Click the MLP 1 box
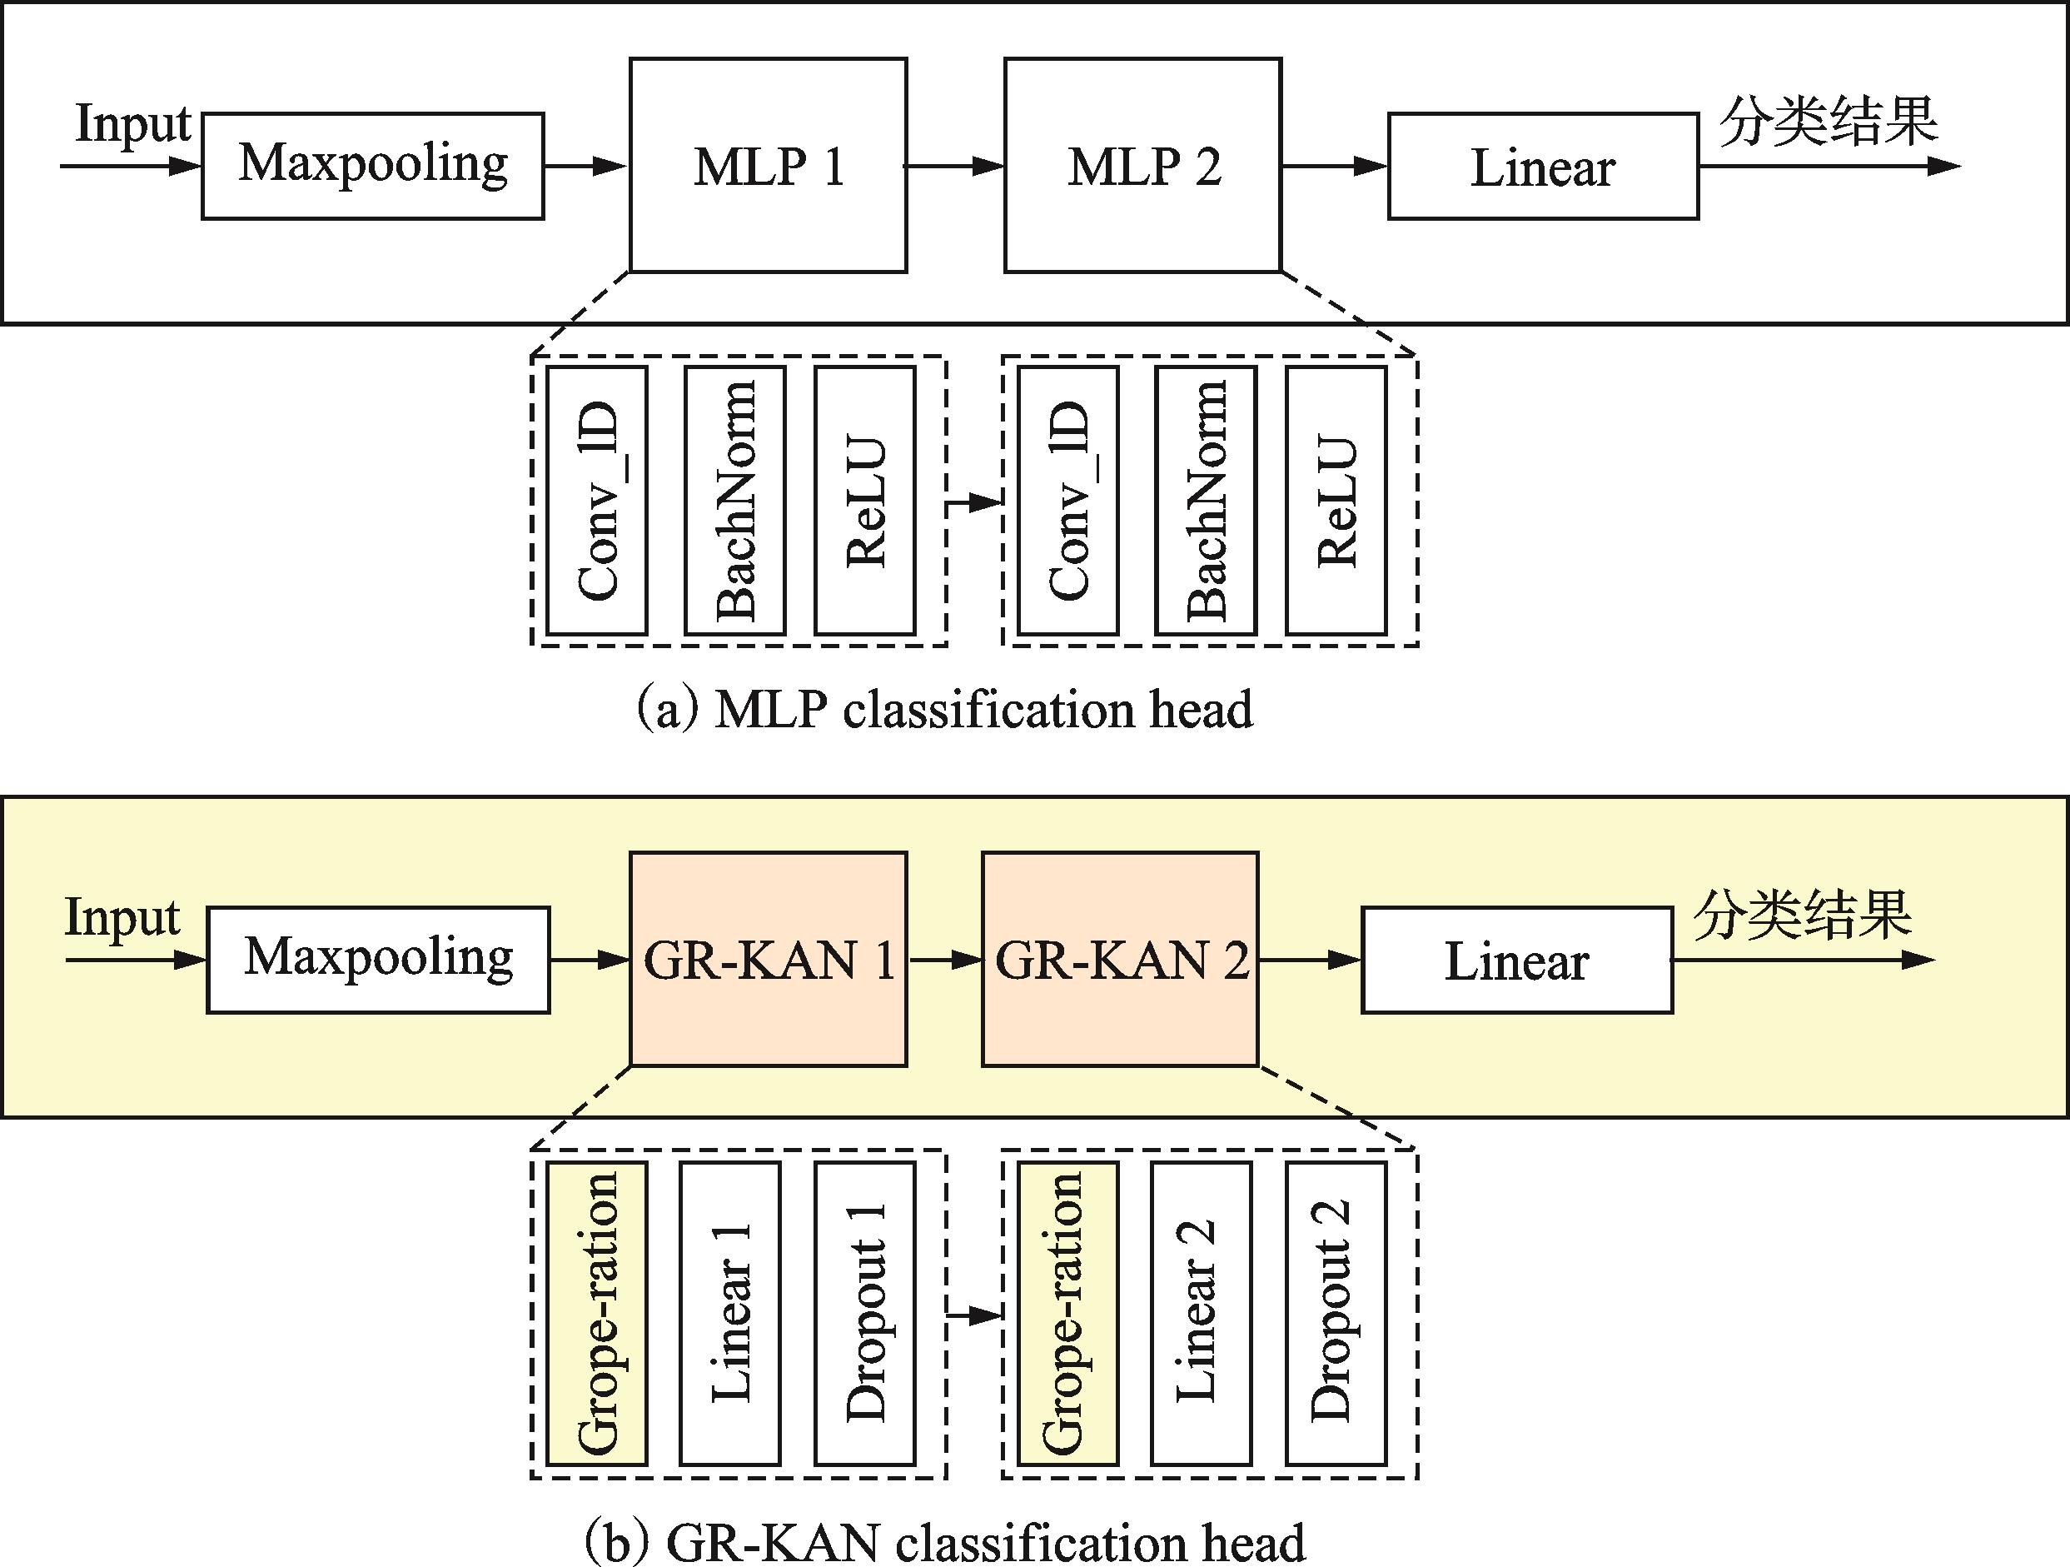pos(769,166)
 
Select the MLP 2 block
pos(1142,166)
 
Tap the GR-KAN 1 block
pos(769,959)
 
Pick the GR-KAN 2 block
pos(1120,959)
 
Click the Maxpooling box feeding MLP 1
pos(373,167)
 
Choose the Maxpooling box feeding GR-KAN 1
pos(378,960)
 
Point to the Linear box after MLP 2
pos(1543,167)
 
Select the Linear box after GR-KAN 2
pos(1517,960)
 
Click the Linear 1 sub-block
pos(730,1313)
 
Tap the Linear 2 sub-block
pos(1202,1313)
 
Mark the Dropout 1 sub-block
pos(864,1313)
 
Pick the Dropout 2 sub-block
pos(1336,1313)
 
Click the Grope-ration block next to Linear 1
pos(597,1313)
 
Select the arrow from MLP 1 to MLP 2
pos(955,167)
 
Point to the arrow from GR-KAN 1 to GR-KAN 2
pos(944,960)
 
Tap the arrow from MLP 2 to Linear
pos(1335,167)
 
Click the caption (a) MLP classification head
pos(943,710)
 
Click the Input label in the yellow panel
pos(122,917)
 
